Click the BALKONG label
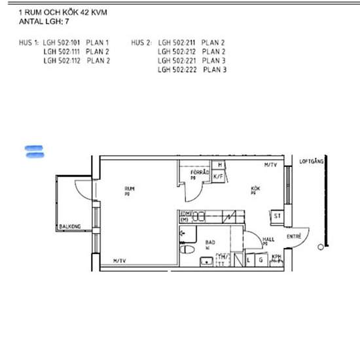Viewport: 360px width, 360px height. click(69, 226)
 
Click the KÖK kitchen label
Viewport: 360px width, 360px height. click(255, 189)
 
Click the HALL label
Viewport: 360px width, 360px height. click(268, 240)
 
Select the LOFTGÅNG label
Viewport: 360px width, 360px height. click(311, 160)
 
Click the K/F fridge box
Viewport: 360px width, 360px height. click(220, 175)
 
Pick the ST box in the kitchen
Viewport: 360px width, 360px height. click(277, 215)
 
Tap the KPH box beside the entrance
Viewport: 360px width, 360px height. click(277, 259)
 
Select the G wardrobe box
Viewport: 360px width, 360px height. click(261, 260)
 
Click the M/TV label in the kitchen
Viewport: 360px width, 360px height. click(270, 165)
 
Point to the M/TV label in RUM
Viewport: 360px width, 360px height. click(119, 261)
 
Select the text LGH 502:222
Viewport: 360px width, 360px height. click(177, 69)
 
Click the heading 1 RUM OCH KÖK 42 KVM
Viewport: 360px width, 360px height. click(63, 12)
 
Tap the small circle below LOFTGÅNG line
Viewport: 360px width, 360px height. click(319, 246)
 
